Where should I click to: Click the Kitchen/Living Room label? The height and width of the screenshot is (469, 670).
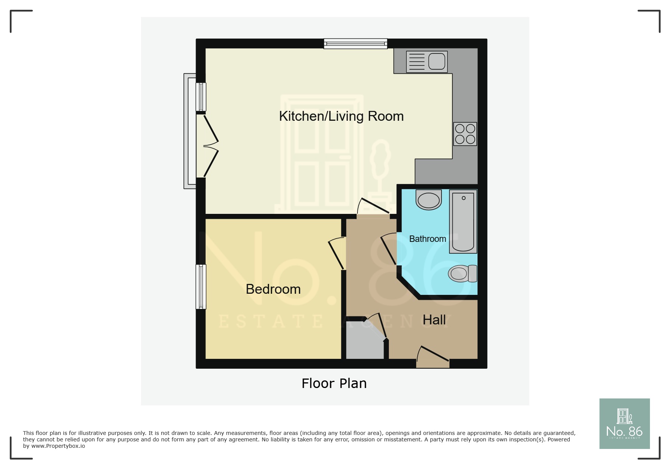[341, 116]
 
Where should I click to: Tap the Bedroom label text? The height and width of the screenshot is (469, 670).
[273, 289]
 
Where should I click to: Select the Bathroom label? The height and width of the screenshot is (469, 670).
[427, 239]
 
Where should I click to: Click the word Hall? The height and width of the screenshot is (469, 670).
[434, 320]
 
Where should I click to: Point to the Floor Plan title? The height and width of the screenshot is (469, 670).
[334, 383]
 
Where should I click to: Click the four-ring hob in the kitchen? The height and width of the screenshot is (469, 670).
[465, 134]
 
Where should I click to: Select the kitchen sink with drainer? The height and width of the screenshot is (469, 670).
[427, 61]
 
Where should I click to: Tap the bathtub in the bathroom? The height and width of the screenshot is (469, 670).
[463, 222]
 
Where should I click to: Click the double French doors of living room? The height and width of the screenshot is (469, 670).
[208, 146]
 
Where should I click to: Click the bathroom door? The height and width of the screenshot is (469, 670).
[389, 249]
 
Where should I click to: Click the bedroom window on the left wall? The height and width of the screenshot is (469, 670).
[201, 287]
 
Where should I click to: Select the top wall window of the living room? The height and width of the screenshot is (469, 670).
[356, 44]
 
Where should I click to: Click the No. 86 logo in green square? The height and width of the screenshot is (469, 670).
[624, 424]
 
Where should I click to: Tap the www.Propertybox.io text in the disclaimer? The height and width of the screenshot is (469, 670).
[58, 446]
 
